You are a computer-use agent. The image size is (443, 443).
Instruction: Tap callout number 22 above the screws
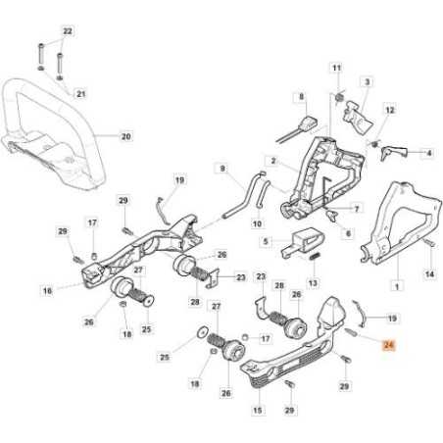[x=67, y=32]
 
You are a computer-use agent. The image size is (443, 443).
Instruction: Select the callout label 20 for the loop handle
[x=124, y=136]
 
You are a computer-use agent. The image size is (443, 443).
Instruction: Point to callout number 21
[x=81, y=94]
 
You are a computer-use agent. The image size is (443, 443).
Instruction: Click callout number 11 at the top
[x=337, y=68]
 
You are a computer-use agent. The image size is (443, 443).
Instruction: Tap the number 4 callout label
[x=427, y=153]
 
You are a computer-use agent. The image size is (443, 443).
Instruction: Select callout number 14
[x=428, y=274]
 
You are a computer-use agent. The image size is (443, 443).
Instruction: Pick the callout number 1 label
[x=395, y=286]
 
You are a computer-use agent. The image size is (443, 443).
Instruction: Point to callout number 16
[x=46, y=290]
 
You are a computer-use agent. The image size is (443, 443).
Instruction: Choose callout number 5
[x=266, y=240]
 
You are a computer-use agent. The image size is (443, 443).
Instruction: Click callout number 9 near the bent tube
[x=223, y=169]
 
